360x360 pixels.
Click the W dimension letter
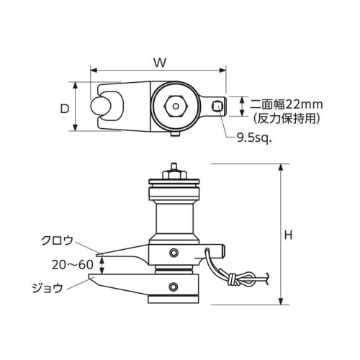[x=160, y=63]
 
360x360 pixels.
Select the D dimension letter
[x=64, y=108]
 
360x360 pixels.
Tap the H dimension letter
[x=288, y=235]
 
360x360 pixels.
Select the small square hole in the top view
[x=217, y=107]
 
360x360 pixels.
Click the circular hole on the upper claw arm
[x=174, y=252]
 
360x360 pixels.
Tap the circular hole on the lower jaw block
[x=174, y=289]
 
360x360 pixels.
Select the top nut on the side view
[x=173, y=173]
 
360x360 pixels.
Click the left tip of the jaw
[x=91, y=278]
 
